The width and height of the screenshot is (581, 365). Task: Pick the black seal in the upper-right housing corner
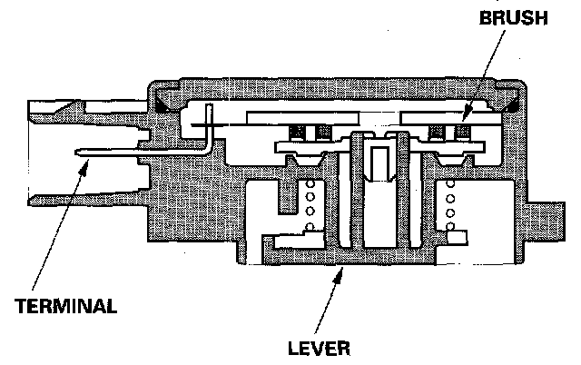(x=515, y=104)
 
